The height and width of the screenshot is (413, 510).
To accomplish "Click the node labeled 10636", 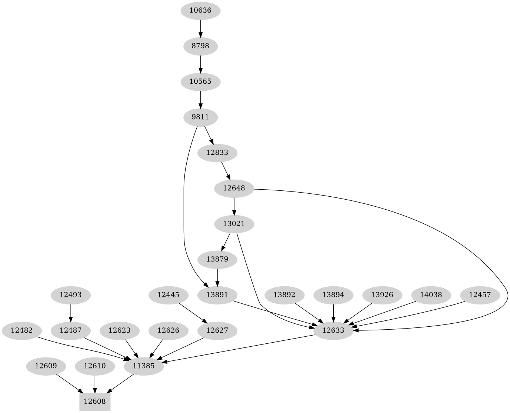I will point(200,10).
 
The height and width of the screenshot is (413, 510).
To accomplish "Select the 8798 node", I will point(200,46).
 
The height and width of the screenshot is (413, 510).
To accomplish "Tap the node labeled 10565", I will point(200,81).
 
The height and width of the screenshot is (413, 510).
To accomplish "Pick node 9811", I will point(200,117).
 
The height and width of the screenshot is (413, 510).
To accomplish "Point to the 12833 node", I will point(217,153).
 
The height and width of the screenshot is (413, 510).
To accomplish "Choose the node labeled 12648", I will point(234,188).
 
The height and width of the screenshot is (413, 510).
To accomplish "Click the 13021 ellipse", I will point(234,224).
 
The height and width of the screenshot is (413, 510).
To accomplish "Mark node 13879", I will point(217,259).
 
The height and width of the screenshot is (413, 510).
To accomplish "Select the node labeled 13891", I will point(217,295).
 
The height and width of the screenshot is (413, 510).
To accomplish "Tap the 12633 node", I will point(334,330).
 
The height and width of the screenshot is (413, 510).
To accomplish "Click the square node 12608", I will point(95,402).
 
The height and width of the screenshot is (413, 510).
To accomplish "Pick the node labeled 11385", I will point(143,366).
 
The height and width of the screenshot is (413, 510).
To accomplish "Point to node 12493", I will point(70,295).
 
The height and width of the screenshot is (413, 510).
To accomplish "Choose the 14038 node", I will point(431,295).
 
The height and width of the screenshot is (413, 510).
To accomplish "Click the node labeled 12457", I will point(480,295).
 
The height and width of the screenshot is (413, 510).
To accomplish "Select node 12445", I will point(169,295).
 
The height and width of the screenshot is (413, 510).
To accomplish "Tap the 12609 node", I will point(46,366).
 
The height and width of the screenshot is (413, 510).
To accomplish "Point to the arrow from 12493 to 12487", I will point(70,313).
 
